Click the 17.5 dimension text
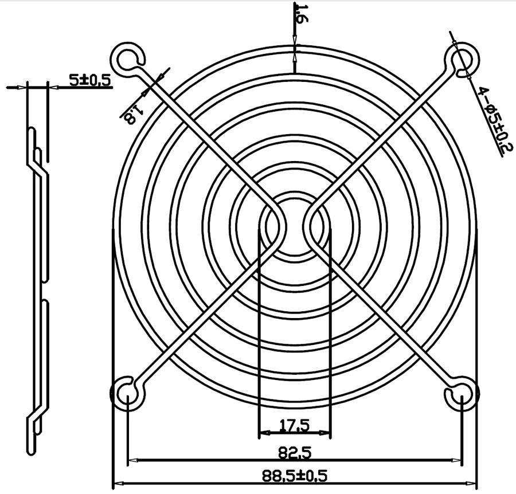pyautogui.click(x=295, y=425)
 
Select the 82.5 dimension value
pyautogui.click(x=295, y=453)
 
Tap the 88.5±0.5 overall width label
pyautogui.click(x=294, y=476)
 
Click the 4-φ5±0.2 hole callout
pyautogui.click(x=492, y=119)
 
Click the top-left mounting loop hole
pyautogui.click(x=126, y=57)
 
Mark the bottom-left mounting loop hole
pyautogui.click(x=126, y=394)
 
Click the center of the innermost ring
pyautogui.click(x=294, y=226)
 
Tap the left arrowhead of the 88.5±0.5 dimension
pyautogui.click(x=116, y=483)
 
